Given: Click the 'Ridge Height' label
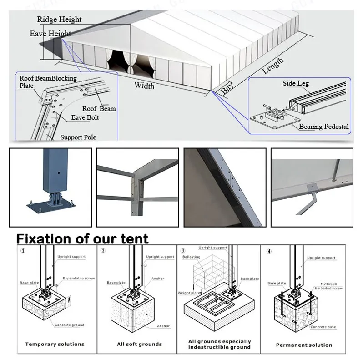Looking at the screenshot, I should pyautogui.click(x=59, y=20).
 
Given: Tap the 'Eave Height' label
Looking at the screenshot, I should pyautogui.click(x=50, y=34).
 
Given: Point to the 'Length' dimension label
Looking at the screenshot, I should pyautogui.click(x=273, y=66).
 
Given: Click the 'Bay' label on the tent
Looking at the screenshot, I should pyautogui.click(x=227, y=88).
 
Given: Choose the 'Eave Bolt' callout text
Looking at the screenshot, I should pyautogui.click(x=85, y=117).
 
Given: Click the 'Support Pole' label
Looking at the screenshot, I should pyautogui.click(x=78, y=137).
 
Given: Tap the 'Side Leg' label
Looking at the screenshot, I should pyautogui.click(x=296, y=83).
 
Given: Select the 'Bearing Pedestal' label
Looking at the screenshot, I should pyautogui.click(x=324, y=127).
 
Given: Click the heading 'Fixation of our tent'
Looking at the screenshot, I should pyautogui.click(x=82, y=238).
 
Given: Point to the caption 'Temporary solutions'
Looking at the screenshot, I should pyautogui.click(x=55, y=345).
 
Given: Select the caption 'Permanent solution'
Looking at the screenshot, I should pyautogui.click(x=304, y=345).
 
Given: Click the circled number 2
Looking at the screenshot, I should pyautogui.click(x=103, y=251).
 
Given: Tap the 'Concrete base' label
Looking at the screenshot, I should pyautogui.click(x=323, y=327).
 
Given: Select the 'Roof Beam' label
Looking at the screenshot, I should pyautogui.click(x=99, y=109).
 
